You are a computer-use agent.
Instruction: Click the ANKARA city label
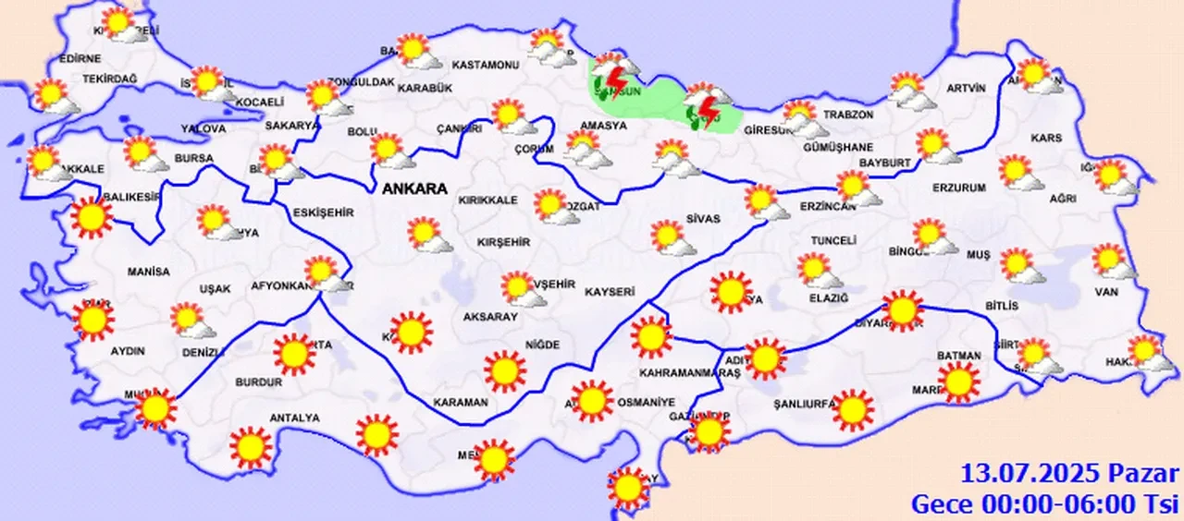415,188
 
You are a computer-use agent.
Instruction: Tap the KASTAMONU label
484,66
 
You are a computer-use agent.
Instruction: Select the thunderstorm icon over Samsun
613,75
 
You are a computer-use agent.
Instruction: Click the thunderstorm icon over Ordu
705,104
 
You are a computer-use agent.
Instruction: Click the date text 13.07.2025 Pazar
1070,475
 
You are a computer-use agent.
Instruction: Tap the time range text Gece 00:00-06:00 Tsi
1045,504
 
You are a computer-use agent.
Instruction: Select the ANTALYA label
294,418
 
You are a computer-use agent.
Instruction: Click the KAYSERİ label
610,292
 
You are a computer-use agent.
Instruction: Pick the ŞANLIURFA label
805,403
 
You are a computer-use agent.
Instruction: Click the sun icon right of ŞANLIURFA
853,409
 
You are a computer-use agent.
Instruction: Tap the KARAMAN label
460,403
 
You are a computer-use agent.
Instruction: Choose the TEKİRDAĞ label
109,79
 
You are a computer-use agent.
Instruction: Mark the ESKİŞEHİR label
323,212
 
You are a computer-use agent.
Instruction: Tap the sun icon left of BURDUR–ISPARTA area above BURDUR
295,353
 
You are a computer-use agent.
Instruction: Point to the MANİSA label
149,273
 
